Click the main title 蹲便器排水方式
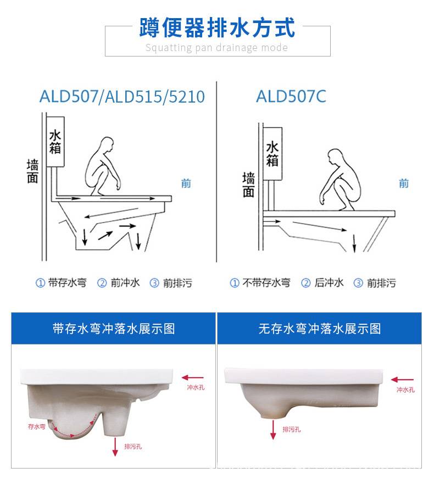click(217, 27)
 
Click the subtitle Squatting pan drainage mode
click(216, 48)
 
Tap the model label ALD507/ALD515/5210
click(122, 96)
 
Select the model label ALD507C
click(291, 96)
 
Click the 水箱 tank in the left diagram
click(55, 142)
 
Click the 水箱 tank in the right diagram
click(272, 154)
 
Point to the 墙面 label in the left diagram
click(32, 171)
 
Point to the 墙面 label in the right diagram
click(248, 185)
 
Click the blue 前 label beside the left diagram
click(186, 183)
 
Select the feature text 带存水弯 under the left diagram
click(67, 283)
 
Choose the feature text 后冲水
click(329, 283)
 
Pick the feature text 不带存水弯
click(266, 283)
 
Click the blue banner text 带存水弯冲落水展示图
click(114, 329)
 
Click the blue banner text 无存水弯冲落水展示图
click(320, 329)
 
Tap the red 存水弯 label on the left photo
click(37, 426)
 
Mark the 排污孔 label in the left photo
click(133, 447)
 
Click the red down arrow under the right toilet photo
click(273, 430)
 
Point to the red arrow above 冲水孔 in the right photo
click(402, 380)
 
